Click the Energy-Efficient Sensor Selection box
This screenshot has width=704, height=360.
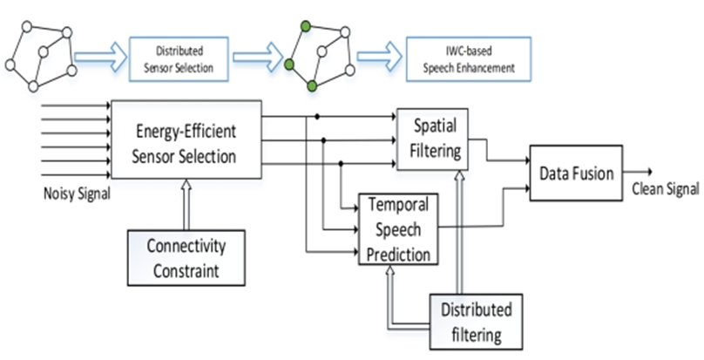pos(186,139)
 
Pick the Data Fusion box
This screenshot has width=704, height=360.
pos(576,175)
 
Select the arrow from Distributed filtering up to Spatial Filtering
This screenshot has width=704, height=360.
pos(457,231)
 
